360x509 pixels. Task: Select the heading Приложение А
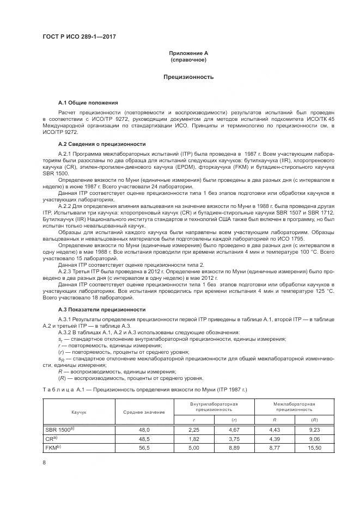(188, 53)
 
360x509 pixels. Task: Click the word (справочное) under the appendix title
(188, 59)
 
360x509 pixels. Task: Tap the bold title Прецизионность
(188, 77)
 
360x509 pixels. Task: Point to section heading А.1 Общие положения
(88, 102)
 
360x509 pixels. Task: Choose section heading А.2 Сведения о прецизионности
(102, 144)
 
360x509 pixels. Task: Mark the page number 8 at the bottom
(44, 462)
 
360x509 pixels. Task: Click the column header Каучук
(79, 412)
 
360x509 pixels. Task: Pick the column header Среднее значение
(144, 412)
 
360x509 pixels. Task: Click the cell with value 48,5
(144, 438)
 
